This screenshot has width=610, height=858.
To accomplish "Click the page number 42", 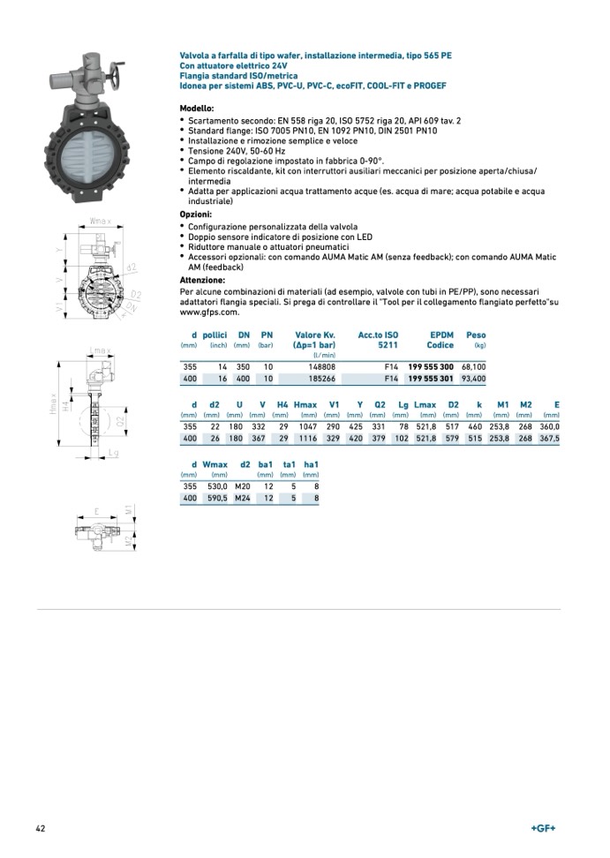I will pos(41,828).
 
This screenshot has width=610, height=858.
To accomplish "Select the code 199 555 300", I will pos(430,365).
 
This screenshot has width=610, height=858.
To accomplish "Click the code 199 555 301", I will pos(430,379).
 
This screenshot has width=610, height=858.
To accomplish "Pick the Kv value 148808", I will pos(320,365).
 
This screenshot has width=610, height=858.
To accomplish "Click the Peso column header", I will pos(475,335).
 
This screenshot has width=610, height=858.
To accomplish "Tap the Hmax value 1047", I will pos(305,426).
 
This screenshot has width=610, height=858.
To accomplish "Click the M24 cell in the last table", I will pos(243,498).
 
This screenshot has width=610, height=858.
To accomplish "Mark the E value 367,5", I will pos(548,439).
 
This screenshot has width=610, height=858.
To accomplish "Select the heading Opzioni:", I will pos(195,214).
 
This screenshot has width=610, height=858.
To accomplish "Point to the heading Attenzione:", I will pos(202,280).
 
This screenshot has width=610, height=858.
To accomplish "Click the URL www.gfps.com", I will pos(209,312).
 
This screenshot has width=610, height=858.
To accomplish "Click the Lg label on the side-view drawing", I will pos(113,452).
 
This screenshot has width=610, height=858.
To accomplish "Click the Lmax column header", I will pos(424,404).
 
